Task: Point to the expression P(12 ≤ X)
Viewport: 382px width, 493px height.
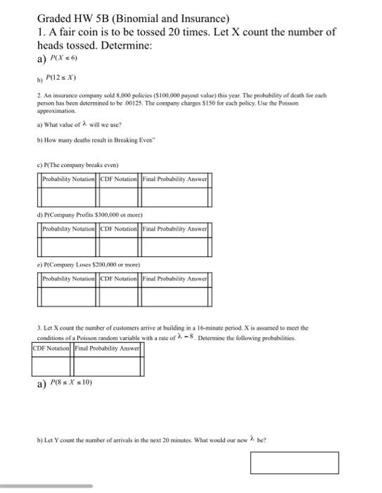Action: click(61, 77)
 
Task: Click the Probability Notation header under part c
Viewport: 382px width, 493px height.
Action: click(70, 179)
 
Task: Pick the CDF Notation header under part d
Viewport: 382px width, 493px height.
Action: click(120, 229)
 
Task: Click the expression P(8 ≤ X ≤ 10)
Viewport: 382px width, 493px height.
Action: click(72, 384)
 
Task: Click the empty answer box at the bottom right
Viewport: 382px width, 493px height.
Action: click(294, 463)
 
